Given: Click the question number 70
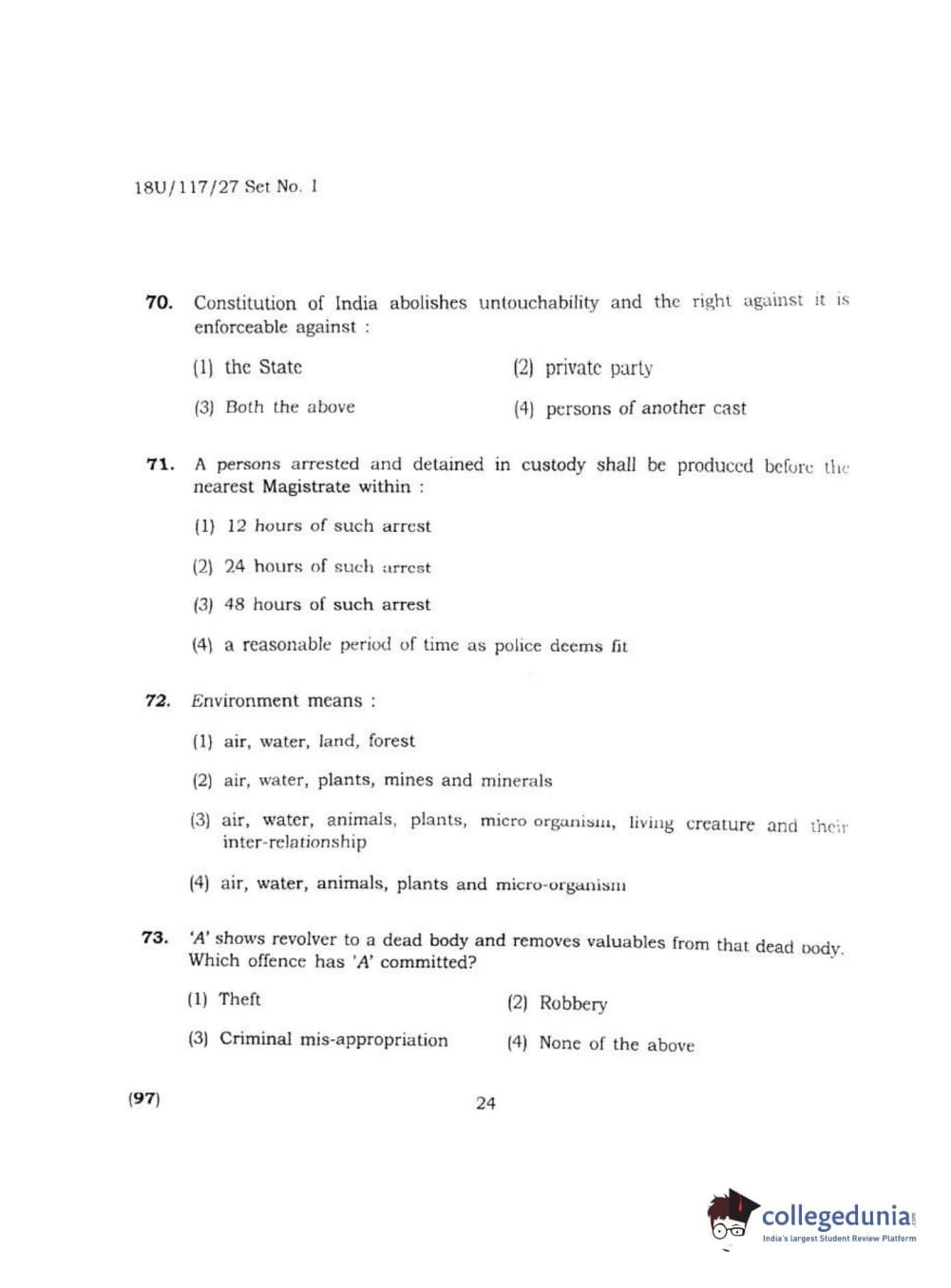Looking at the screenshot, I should tap(159, 303).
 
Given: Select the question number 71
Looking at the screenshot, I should tap(160, 464).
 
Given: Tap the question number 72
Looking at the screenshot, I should tap(158, 701).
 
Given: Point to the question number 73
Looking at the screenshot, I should tap(155, 938).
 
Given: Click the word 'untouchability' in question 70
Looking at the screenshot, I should tap(539, 303).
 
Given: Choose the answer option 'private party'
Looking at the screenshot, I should tap(599, 369).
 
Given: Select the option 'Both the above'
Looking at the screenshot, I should tap(290, 407).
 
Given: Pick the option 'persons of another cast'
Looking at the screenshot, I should tap(646, 408).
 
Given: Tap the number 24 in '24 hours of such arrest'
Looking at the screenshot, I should tap(235, 567).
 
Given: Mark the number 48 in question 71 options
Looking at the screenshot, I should tap(235, 605).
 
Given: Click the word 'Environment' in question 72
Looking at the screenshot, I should tap(245, 701).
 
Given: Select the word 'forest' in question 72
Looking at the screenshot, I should tap(391, 741).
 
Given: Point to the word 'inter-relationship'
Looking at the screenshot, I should tap(295, 843).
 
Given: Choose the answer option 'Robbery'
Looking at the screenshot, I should tap(573, 1004).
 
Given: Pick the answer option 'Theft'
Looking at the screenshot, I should tap(239, 999).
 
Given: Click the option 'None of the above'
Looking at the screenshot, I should tap(617, 1044).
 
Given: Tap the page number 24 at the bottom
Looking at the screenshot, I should tap(485, 1104).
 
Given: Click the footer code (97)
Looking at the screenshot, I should tap(144, 1099).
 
